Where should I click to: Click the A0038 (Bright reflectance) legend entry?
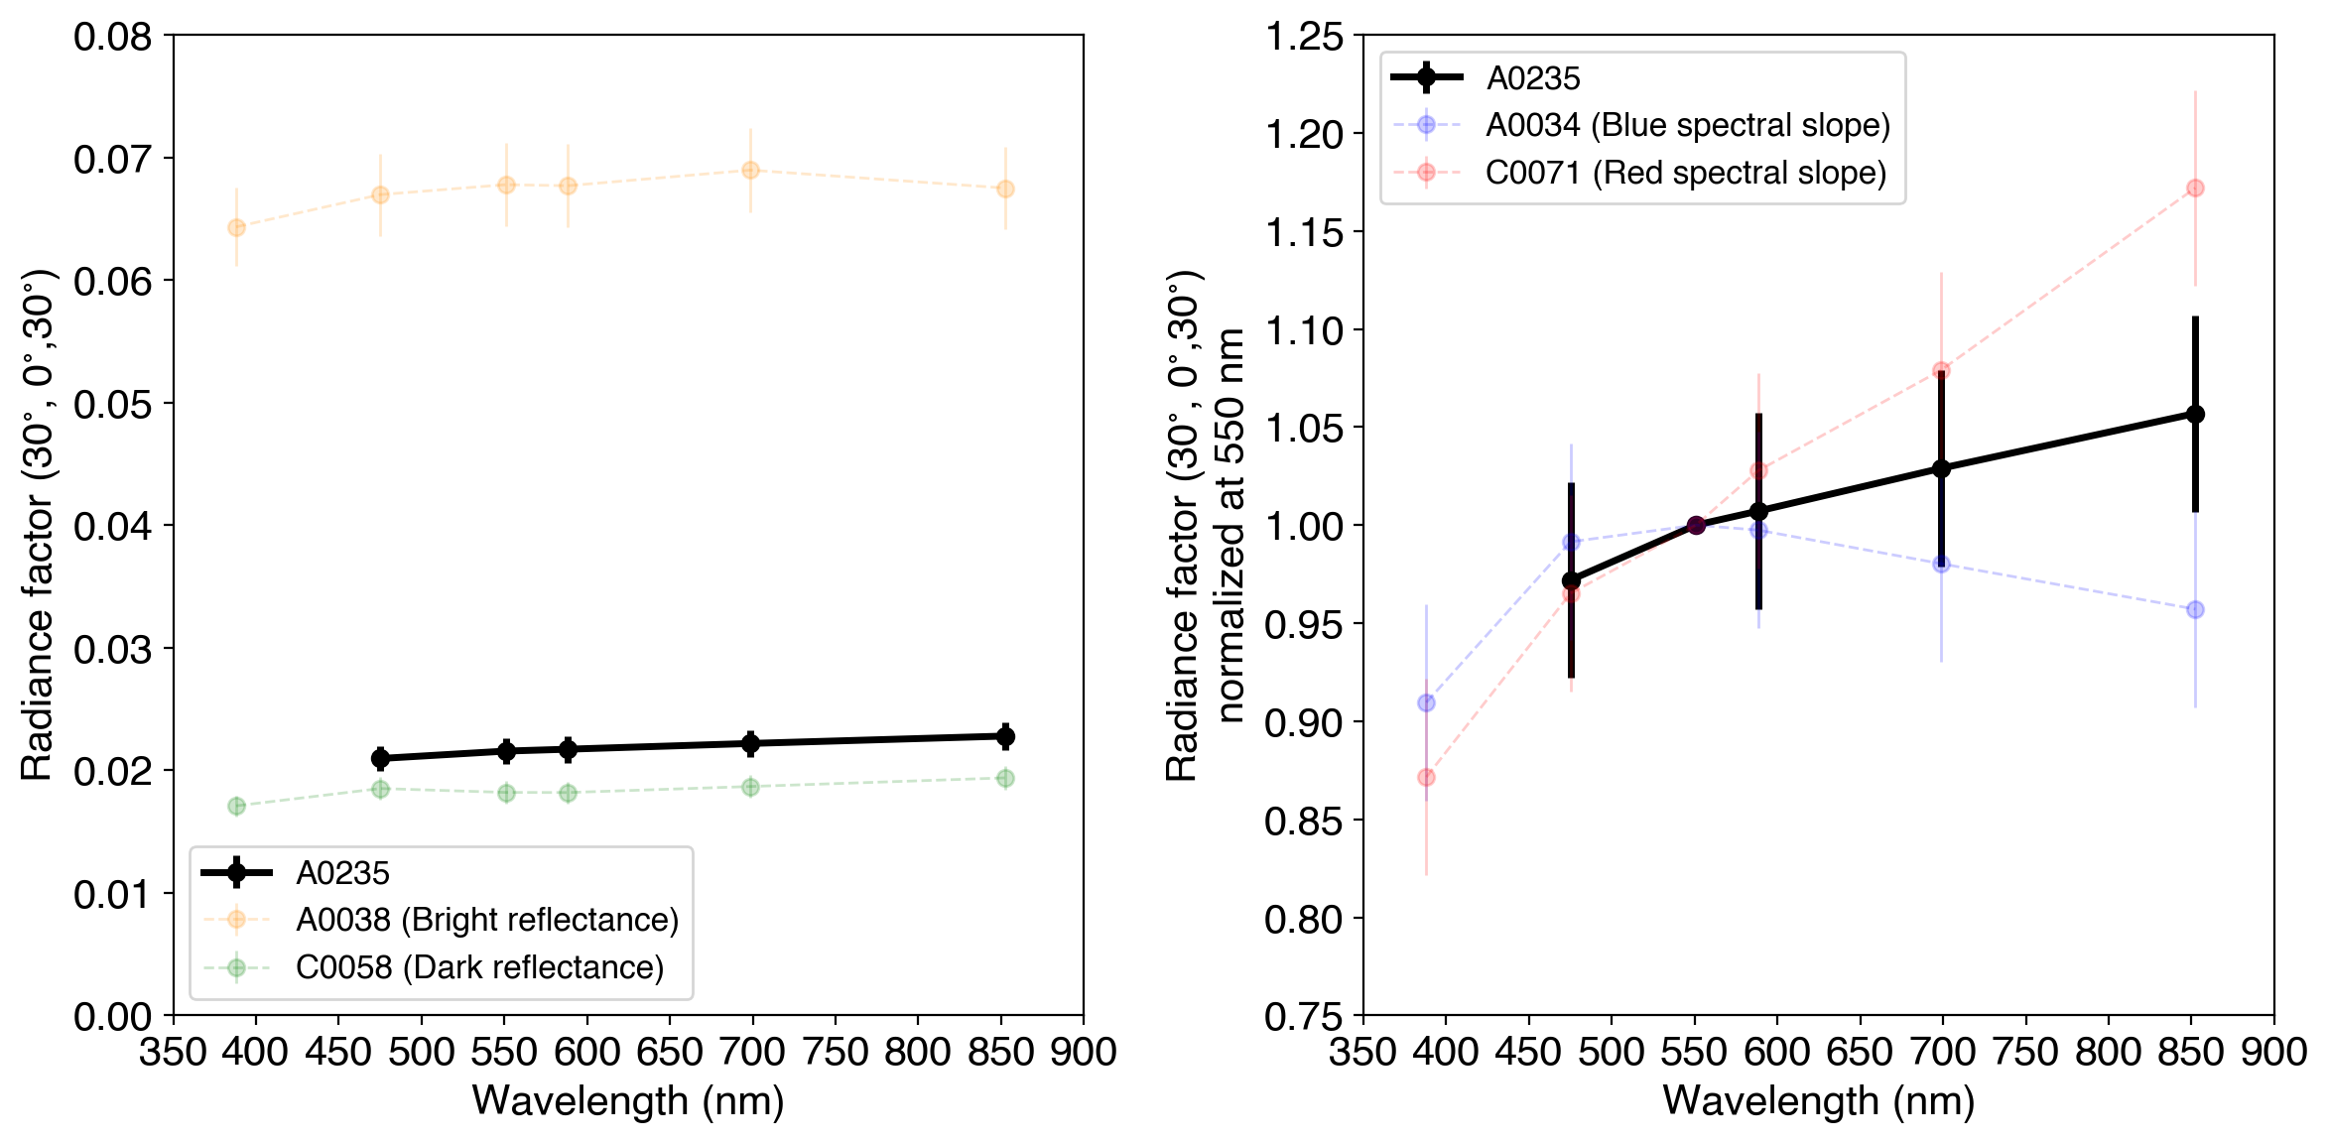click(x=486, y=920)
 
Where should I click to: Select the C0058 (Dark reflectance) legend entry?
click(x=479, y=967)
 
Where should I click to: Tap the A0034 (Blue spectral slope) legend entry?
click(x=1687, y=125)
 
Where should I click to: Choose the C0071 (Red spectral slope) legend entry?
click(x=1685, y=173)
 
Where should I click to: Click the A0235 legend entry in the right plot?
click(x=1532, y=77)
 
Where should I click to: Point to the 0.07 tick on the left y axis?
click(x=112, y=159)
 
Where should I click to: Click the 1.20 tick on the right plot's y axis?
click(x=1304, y=134)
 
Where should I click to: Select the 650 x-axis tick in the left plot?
click(x=670, y=1052)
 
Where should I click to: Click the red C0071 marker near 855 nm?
click(x=2195, y=188)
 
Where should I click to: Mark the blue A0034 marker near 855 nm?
click(x=2195, y=609)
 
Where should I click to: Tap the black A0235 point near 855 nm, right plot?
click(x=2195, y=414)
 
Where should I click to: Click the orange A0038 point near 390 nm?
click(x=236, y=227)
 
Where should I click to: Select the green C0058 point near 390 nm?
click(x=236, y=806)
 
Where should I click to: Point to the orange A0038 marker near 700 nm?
click(x=750, y=171)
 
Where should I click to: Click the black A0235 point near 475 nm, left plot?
click(x=380, y=758)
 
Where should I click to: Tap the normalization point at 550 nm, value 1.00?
click(x=1696, y=525)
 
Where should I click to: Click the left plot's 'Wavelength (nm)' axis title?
click(x=628, y=1101)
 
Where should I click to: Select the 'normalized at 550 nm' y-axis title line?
click(x=1230, y=525)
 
